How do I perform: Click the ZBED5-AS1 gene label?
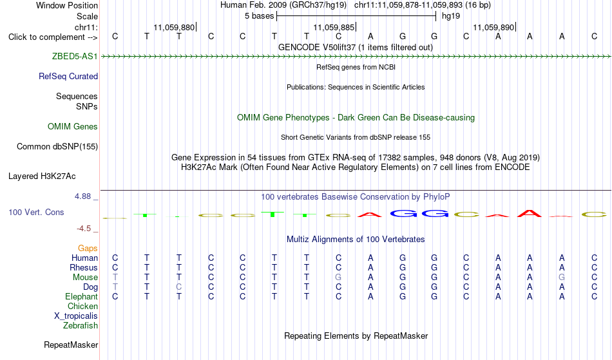coord(75,56)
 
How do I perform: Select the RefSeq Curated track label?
coord(68,76)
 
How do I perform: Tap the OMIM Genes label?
coord(73,126)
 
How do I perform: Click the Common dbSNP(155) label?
coord(57,146)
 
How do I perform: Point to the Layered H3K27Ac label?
coord(42,176)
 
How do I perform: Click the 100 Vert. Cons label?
coord(36,212)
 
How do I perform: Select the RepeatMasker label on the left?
coord(71,345)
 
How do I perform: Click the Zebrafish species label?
coord(81,325)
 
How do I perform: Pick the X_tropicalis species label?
coord(76,316)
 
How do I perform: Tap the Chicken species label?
coord(82,306)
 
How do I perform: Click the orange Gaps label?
coord(88,248)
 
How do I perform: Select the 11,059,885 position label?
coord(334,27)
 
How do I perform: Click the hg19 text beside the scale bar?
coord(451,16)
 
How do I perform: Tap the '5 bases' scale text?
coord(260,16)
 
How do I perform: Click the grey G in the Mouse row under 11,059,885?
coord(338,277)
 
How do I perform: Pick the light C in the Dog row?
coord(178,287)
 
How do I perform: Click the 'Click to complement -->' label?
coord(53,37)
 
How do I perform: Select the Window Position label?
coord(67,5)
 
